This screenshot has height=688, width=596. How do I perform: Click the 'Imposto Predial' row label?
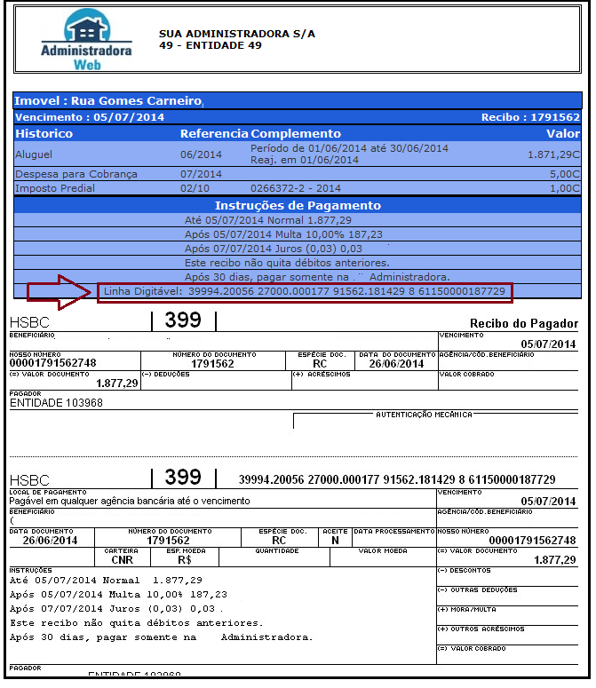pos(54,188)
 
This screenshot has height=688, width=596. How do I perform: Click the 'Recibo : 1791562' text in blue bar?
pos(530,117)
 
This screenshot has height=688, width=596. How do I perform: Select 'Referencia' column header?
pos(214,134)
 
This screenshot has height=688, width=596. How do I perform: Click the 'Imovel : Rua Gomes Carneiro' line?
pos(109,101)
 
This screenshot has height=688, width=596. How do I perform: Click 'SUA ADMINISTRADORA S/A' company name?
pos(237,34)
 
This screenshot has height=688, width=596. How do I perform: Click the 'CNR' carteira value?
pos(123,560)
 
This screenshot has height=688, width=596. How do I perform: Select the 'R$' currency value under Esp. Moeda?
pos(185,560)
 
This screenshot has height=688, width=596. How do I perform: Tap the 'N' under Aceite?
pos(335,540)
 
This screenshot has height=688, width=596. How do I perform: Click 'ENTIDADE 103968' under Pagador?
pos(56,402)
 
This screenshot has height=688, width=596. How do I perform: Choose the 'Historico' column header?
pos(44,134)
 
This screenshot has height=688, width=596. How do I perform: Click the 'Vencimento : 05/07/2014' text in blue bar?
pos(90,117)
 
